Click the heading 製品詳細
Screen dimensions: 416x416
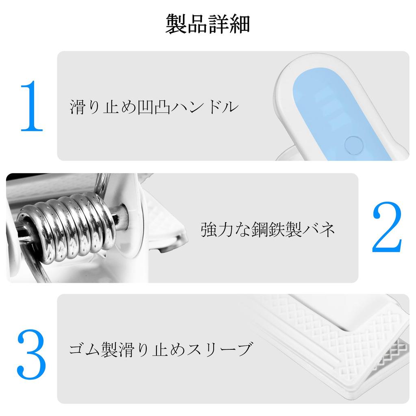pos(208,24)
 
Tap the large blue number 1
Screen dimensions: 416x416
pos(32,106)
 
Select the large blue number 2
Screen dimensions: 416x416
pos(387,227)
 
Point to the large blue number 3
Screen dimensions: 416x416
pos(32,354)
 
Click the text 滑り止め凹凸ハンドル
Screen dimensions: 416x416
pos(154,107)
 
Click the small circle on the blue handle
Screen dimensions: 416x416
pos(354,145)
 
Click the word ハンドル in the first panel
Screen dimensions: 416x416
pos(205,107)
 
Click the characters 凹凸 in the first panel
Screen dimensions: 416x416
pos(154,107)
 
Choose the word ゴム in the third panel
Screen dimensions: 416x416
pos(85,349)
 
